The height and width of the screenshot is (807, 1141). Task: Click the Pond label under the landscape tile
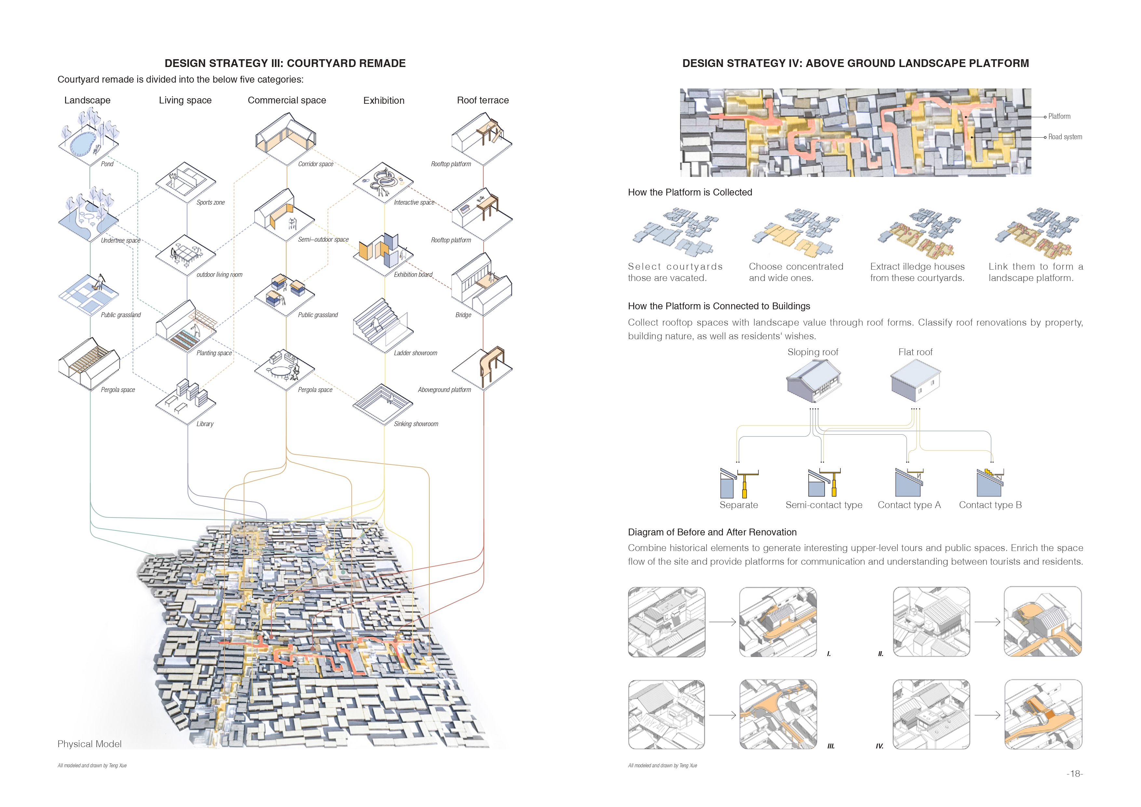pos(107,164)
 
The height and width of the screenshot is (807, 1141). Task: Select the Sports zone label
pos(210,202)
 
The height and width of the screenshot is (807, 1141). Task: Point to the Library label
pos(205,424)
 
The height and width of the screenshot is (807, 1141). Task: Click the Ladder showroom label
pos(415,353)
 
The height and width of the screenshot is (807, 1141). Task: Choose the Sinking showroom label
pos(416,424)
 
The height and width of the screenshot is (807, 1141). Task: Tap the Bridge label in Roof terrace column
pos(463,315)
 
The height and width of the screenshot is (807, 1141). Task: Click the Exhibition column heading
pos(384,101)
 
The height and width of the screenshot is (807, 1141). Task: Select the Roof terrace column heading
pos(483,101)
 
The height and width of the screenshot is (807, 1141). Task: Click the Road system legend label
pos(1065,137)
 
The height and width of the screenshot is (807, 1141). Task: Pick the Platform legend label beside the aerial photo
pos(1059,116)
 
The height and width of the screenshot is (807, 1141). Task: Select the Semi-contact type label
pos(824,505)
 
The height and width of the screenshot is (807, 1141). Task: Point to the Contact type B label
pos(990,505)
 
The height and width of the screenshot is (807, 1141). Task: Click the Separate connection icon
pos(738,482)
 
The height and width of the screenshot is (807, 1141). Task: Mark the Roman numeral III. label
pos(830,746)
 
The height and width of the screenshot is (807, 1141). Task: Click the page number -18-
pos(1074,774)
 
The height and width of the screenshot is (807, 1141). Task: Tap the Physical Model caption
pos(89,744)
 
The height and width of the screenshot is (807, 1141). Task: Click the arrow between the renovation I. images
pos(722,622)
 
